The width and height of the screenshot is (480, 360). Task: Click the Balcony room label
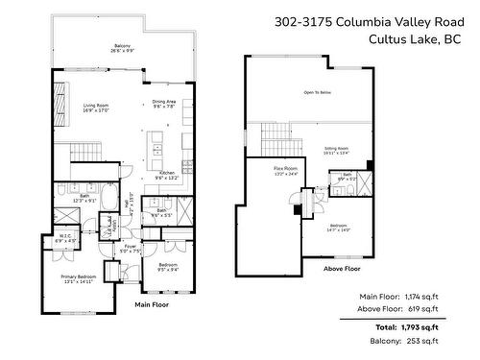(x=123, y=47)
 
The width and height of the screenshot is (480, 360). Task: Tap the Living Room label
(x=95, y=108)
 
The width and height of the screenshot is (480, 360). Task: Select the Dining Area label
(x=162, y=104)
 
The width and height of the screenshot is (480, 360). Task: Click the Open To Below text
(x=317, y=92)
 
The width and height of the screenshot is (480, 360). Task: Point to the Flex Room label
(x=285, y=170)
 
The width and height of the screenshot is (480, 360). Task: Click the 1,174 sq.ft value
(x=420, y=296)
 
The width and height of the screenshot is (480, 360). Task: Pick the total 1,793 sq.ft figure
(x=419, y=326)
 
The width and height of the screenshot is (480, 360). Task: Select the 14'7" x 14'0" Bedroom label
(x=339, y=228)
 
